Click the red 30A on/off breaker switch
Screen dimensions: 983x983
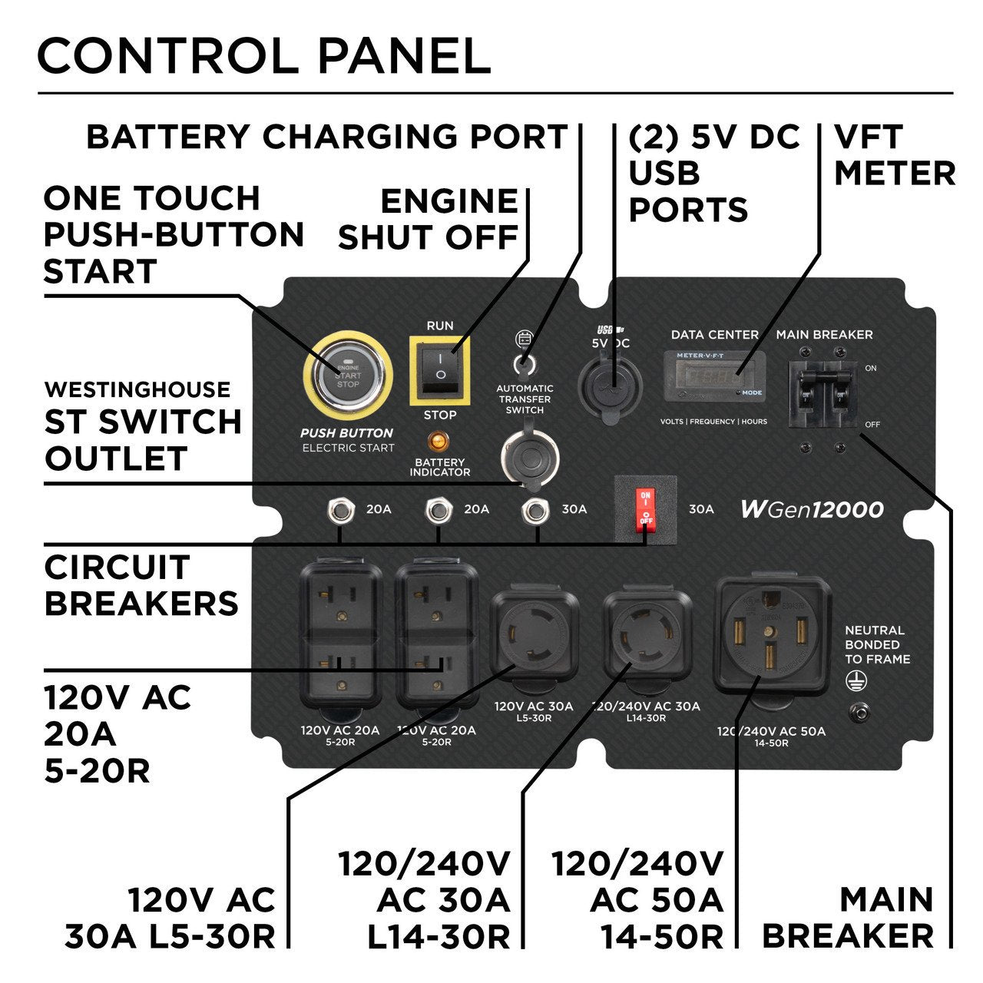click(x=646, y=508)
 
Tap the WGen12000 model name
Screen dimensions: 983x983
click(x=812, y=509)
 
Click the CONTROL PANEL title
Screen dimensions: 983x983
click(x=264, y=55)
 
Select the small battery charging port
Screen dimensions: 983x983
click(x=525, y=362)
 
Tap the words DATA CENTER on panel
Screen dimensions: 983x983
click(x=714, y=335)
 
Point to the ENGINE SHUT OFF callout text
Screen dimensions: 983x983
click(x=429, y=220)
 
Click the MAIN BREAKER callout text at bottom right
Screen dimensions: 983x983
click(x=849, y=917)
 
